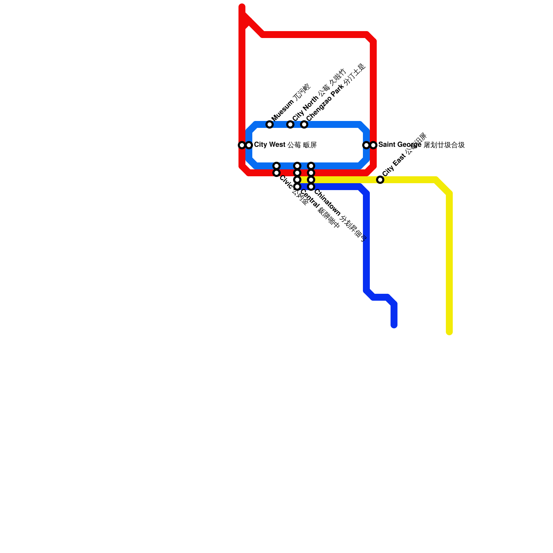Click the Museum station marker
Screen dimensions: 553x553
[270, 124]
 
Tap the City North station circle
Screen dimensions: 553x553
[290, 124]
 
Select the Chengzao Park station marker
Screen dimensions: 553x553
[304, 124]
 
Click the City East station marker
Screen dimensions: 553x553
[380, 180]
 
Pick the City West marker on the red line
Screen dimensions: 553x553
[242, 145]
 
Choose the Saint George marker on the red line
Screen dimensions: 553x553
[373, 145]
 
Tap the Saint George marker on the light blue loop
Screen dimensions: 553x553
[366, 145]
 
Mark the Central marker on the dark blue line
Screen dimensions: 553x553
[297, 187]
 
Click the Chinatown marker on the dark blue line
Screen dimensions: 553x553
[311, 187]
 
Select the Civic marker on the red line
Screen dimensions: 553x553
[276, 173]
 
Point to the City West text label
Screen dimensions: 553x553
[285, 145]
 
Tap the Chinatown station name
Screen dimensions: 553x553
[340, 215]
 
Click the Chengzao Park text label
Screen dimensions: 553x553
[336, 92]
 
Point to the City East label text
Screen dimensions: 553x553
[405, 154]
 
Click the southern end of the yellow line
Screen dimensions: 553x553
[449, 332]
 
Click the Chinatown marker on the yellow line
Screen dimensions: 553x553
[311, 180]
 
